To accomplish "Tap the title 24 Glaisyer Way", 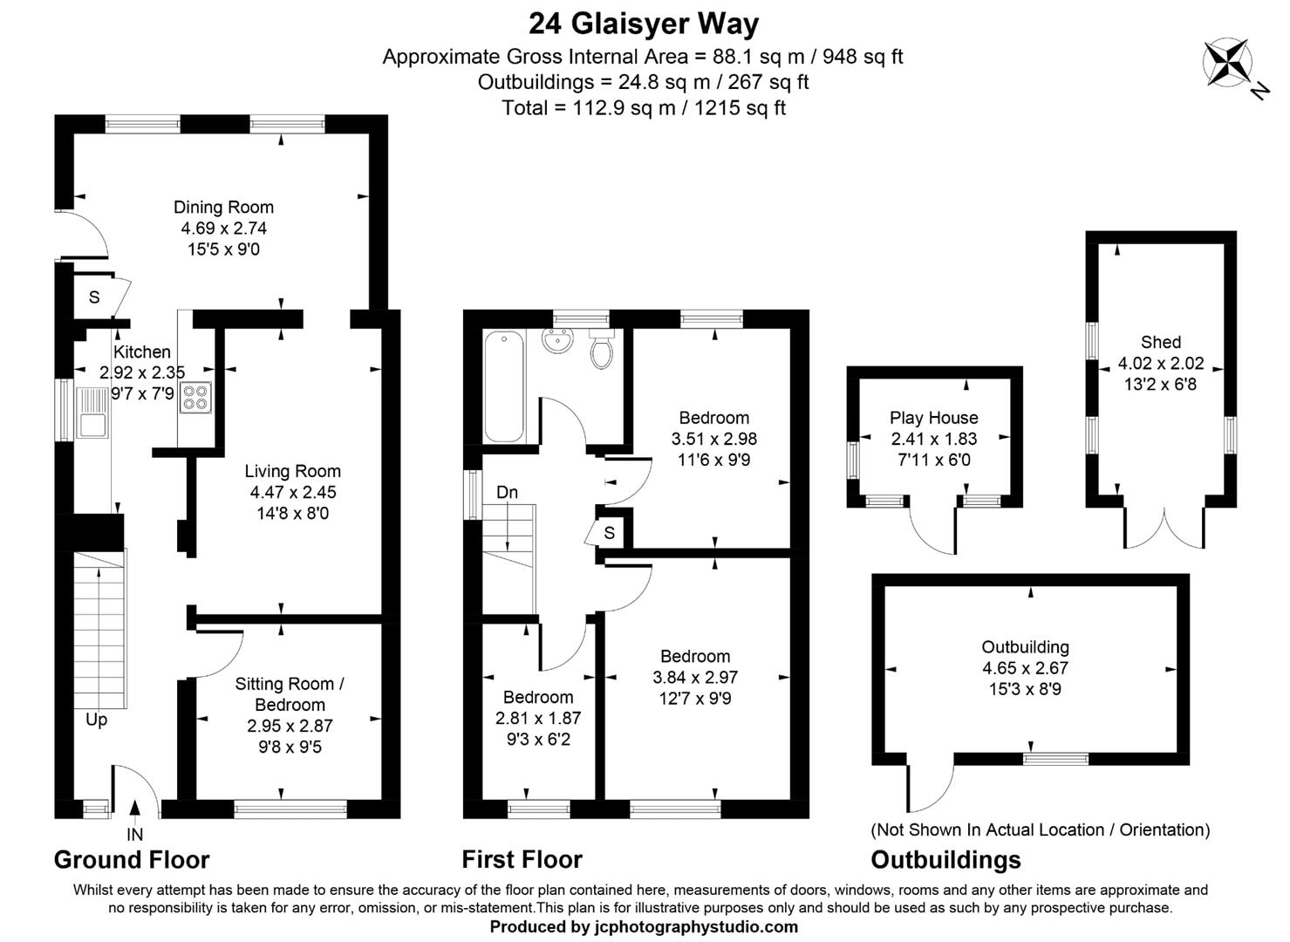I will pyautogui.click(x=644, y=23).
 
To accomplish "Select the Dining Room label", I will pyautogui.click(x=223, y=207).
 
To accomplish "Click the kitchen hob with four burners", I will pyautogui.click(x=195, y=397).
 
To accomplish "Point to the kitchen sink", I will pyautogui.click(x=91, y=413).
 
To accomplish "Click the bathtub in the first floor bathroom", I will pyautogui.click(x=503, y=386).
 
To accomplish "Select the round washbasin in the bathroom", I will pyautogui.click(x=557, y=341).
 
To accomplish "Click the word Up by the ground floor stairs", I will pyautogui.click(x=96, y=720).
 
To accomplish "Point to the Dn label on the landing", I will pyautogui.click(x=507, y=492).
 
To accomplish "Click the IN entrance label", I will pyautogui.click(x=134, y=835).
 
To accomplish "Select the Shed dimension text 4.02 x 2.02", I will pyautogui.click(x=1160, y=363).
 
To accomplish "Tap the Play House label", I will pyautogui.click(x=933, y=418).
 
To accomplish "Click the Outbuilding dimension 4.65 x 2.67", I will pyautogui.click(x=1025, y=668).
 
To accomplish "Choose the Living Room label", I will pyautogui.click(x=292, y=471).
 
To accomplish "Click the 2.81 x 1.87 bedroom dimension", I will pyautogui.click(x=537, y=718).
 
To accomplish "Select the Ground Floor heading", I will pyautogui.click(x=132, y=860).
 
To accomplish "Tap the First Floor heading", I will pyautogui.click(x=522, y=860).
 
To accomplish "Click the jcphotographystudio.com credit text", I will pyautogui.click(x=644, y=926).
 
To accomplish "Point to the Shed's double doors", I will pyautogui.click(x=1164, y=528).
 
